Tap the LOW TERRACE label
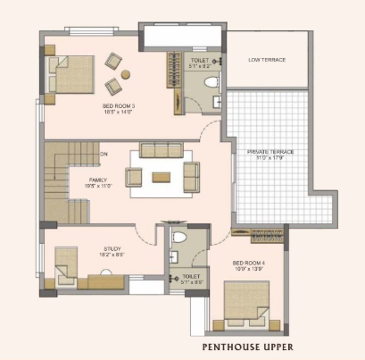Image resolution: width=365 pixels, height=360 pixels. tap(267, 59)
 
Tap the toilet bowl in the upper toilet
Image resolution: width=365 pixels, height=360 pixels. tap(212, 83)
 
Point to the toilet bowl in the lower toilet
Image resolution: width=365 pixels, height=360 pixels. tap(178, 239)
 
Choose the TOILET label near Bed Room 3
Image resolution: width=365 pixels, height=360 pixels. tap(199, 59)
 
